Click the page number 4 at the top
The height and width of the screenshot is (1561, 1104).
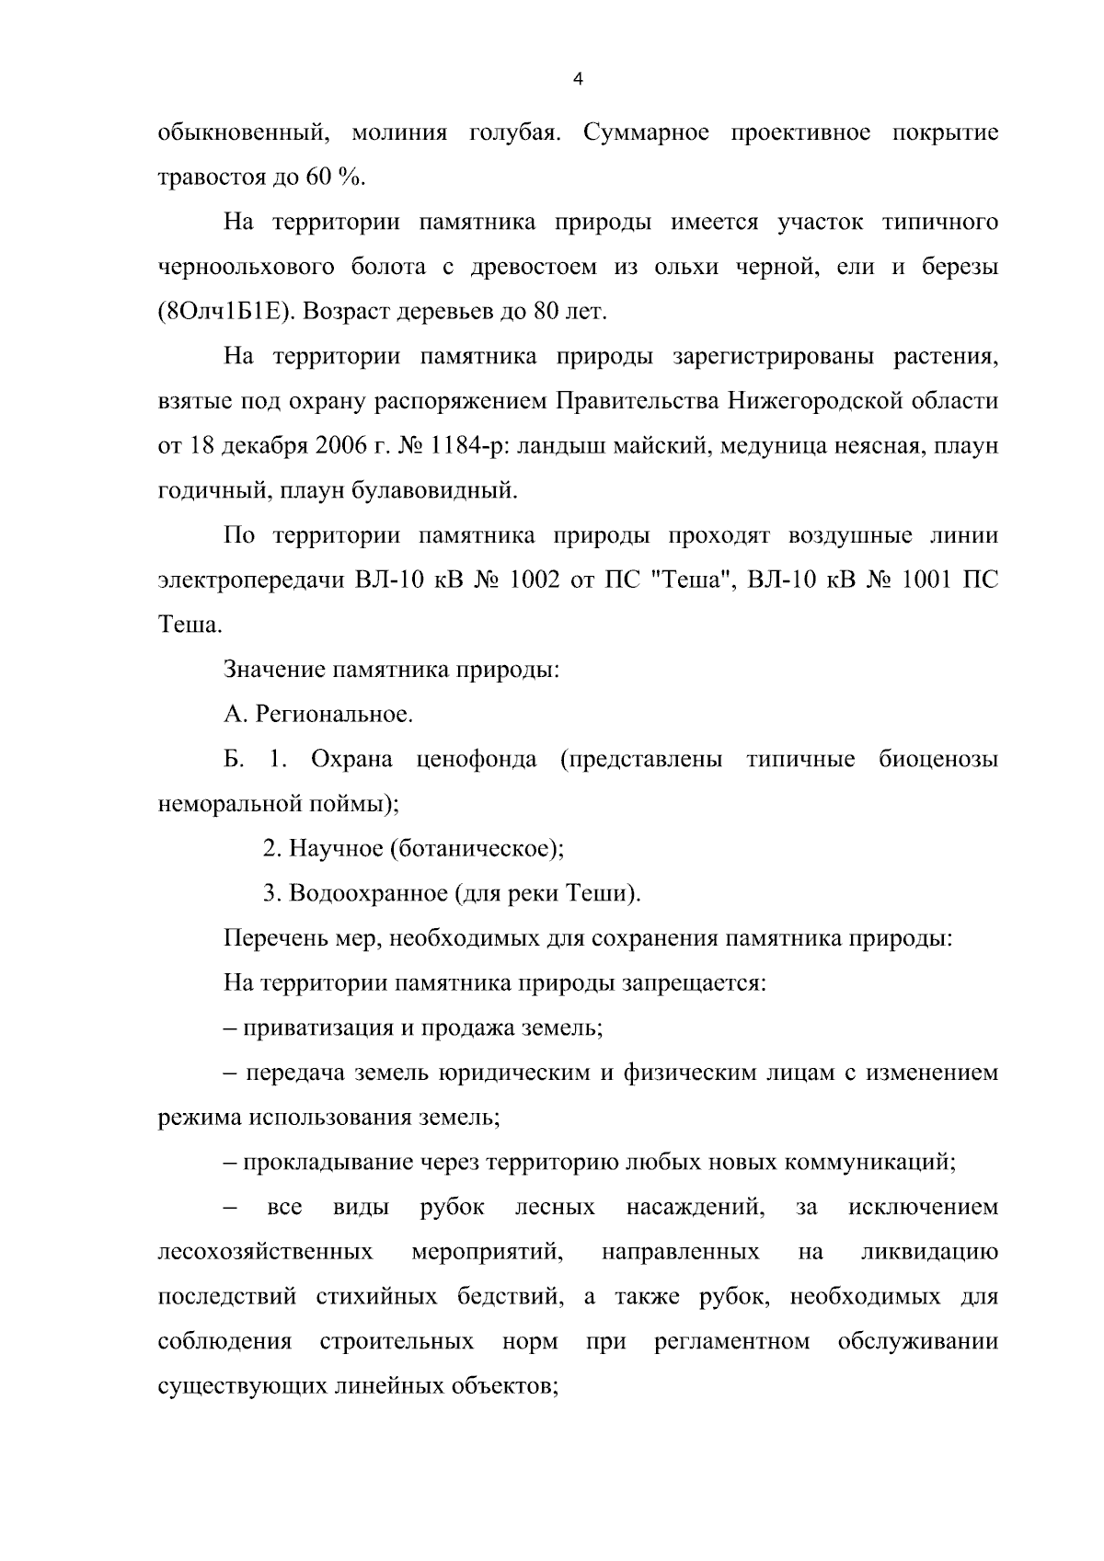point(577,80)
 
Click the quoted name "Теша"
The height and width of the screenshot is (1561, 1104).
point(684,580)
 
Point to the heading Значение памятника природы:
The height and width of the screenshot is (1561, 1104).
point(392,670)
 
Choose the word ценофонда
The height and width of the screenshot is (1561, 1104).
point(477,760)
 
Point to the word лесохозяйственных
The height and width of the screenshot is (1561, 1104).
point(266,1252)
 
